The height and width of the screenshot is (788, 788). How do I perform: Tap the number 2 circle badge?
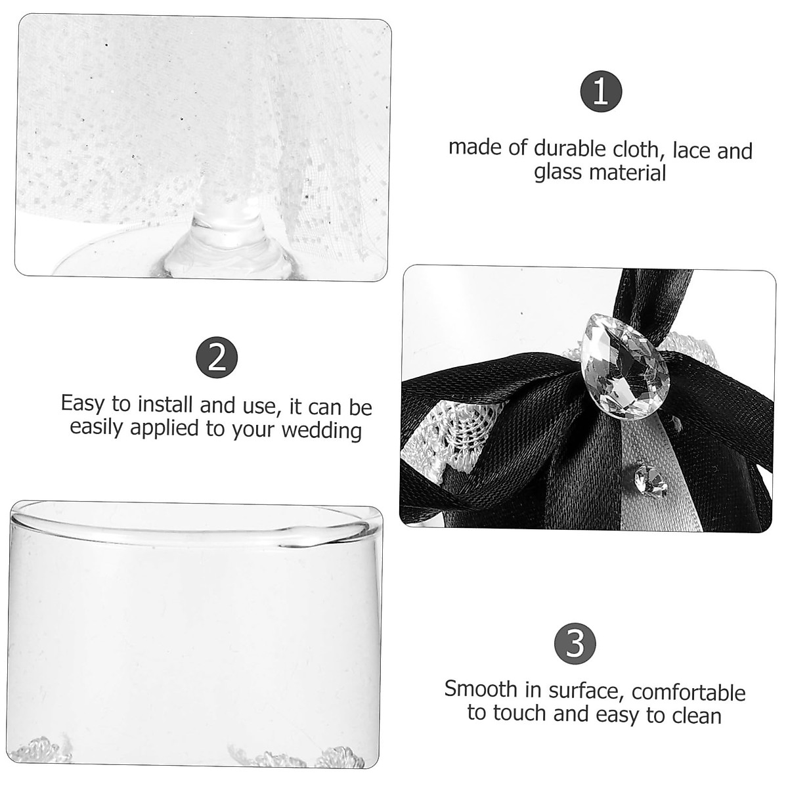pos(216,359)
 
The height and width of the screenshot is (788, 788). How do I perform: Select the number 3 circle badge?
pos(575,644)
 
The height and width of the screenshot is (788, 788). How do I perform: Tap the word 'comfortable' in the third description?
pos(689,692)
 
